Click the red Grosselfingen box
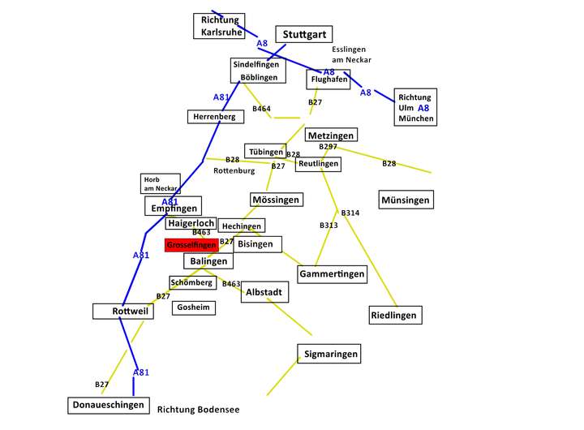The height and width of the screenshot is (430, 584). (191, 245)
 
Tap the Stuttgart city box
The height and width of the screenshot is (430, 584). (304, 34)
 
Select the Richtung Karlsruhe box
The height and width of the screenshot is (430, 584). (219, 26)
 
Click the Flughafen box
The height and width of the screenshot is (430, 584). (328, 80)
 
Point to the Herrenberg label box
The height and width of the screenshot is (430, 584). (216, 117)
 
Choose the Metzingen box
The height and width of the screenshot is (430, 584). (331, 135)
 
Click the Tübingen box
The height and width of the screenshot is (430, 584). (265, 151)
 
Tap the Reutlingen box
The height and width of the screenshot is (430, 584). (318, 164)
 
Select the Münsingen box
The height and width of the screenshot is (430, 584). (406, 200)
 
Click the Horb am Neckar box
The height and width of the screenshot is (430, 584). (161, 183)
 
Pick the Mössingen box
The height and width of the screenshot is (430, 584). (277, 200)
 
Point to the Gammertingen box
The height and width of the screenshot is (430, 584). (333, 274)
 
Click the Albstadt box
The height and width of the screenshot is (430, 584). (264, 292)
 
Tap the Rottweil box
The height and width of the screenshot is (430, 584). (123, 311)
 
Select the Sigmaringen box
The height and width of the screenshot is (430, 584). (329, 354)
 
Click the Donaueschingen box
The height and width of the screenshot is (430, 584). (109, 406)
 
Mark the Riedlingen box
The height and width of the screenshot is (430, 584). (396, 316)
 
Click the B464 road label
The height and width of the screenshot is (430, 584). (261, 109)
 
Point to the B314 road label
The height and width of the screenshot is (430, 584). (350, 213)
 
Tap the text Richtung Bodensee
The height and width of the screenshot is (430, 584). (198, 410)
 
